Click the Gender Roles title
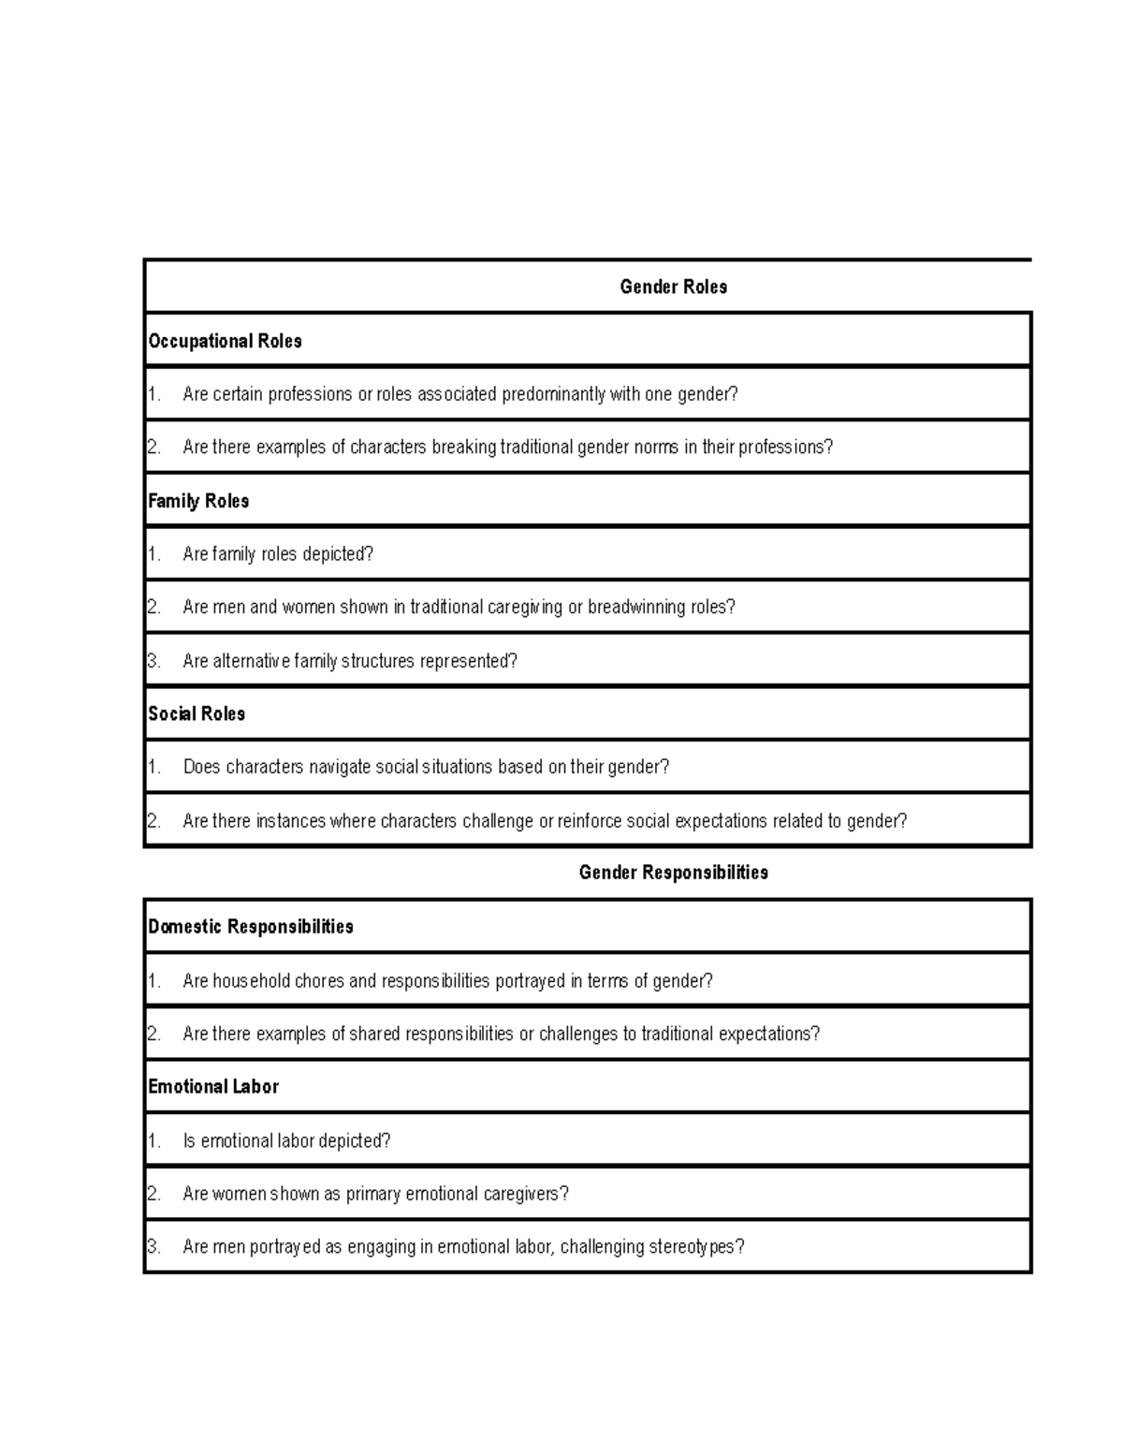click(x=673, y=287)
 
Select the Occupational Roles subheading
click(x=225, y=342)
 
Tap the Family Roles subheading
click(x=198, y=501)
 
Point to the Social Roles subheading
click(x=197, y=714)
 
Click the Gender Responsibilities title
click(x=673, y=873)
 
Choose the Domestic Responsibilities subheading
click(x=251, y=927)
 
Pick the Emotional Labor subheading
click(x=213, y=1087)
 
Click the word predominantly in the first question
click(x=554, y=394)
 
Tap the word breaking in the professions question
click(x=464, y=448)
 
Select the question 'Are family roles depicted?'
click(x=278, y=554)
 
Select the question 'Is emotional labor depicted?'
click(x=286, y=1141)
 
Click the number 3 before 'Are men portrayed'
click(x=153, y=1248)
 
